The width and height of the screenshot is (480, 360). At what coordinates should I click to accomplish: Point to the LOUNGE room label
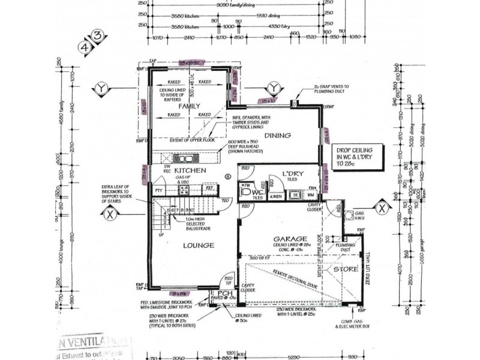(197, 245)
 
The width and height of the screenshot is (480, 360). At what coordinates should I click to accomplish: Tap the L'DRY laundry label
(292, 173)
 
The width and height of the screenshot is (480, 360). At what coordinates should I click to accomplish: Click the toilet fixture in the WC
(245, 193)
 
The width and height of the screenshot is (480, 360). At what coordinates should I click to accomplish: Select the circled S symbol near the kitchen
(227, 176)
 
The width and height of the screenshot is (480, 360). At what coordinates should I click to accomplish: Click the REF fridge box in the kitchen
(209, 188)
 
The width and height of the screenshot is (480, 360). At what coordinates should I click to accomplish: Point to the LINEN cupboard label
(276, 196)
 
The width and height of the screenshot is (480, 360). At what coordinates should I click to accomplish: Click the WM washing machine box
(310, 195)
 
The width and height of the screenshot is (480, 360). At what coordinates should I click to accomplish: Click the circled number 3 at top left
(98, 35)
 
